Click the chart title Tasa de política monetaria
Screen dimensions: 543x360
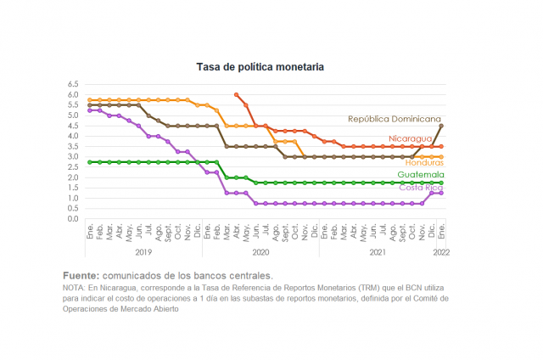[x=260, y=67]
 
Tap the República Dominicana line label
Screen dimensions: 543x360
[x=394, y=119]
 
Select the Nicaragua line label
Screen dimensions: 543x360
[x=410, y=138]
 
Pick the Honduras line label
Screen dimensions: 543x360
[x=424, y=162]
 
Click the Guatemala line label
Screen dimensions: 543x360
[x=421, y=174]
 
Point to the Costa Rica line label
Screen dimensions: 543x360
[x=421, y=188]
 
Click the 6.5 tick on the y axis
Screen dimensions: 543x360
[x=73, y=84]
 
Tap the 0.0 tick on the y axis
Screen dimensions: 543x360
[x=73, y=219]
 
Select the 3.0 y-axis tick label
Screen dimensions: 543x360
[x=73, y=156]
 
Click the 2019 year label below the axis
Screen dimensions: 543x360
[x=143, y=252]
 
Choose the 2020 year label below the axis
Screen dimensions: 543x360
[x=260, y=252]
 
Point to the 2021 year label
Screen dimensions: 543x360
[x=378, y=252]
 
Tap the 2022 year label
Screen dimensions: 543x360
[x=441, y=252]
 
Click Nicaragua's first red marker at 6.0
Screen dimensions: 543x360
[x=236, y=94]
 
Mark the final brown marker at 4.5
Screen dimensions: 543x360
[x=441, y=126]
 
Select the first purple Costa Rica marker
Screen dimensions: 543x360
[x=90, y=110]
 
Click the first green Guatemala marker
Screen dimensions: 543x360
[x=90, y=162]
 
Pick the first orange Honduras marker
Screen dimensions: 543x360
[x=90, y=100]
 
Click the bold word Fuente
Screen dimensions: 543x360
[x=81, y=276]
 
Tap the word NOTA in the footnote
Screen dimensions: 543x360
[x=74, y=288]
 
